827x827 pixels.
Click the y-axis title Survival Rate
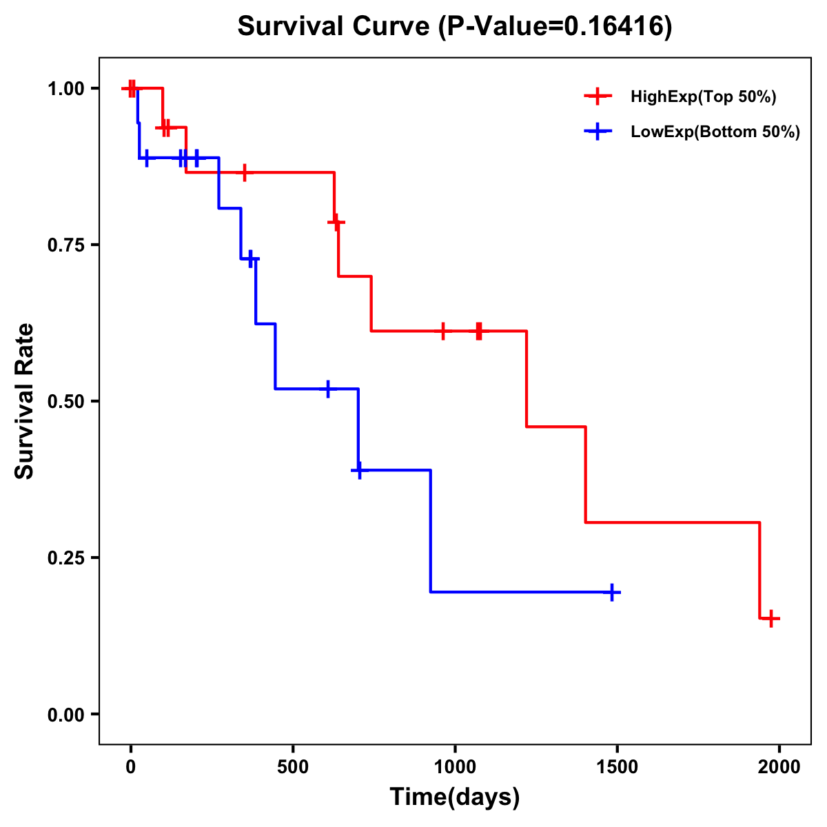click(25, 401)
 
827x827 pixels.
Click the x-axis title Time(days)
click(455, 797)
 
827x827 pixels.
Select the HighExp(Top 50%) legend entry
click(703, 96)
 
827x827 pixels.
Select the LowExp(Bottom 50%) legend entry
click(715, 132)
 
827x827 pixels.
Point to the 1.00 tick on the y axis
click(65, 88)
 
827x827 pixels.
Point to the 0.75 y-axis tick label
click(65, 245)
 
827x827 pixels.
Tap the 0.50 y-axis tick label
click(65, 401)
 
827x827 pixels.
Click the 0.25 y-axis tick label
click(65, 558)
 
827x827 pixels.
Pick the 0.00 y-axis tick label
click(65, 714)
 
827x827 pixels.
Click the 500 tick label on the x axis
click(293, 766)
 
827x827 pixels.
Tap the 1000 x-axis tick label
click(455, 766)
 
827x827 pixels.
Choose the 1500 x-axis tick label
click(617, 766)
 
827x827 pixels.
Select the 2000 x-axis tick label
click(779, 766)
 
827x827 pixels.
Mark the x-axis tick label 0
click(130, 766)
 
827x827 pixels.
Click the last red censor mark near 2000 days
click(771, 618)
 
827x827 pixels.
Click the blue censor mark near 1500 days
click(612, 592)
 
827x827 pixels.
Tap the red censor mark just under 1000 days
click(442, 331)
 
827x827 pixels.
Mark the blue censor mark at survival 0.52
click(328, 389)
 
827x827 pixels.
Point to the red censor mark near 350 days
click(244, 172)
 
